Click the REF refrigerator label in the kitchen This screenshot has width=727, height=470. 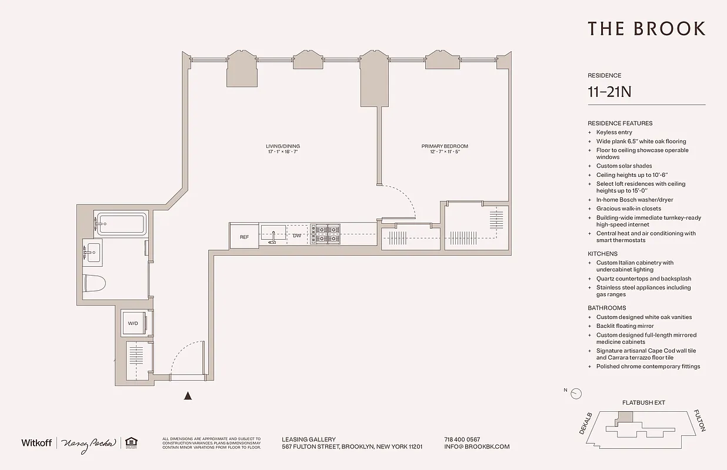point(244,237)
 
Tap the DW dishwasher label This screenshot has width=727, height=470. point(297,236)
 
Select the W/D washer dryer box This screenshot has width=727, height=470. point(134,323)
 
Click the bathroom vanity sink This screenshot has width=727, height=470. point(92,253)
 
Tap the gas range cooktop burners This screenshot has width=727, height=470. point(326,233)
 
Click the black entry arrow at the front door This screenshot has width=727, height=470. point(188,397)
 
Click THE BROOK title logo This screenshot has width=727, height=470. point(646,29)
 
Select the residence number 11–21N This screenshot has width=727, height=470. point(609,92)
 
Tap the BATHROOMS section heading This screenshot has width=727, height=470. point(606,308)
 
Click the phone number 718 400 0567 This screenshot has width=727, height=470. point(462,439)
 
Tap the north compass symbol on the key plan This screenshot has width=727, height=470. point(576,394)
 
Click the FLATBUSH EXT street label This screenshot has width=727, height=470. point(643,403)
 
